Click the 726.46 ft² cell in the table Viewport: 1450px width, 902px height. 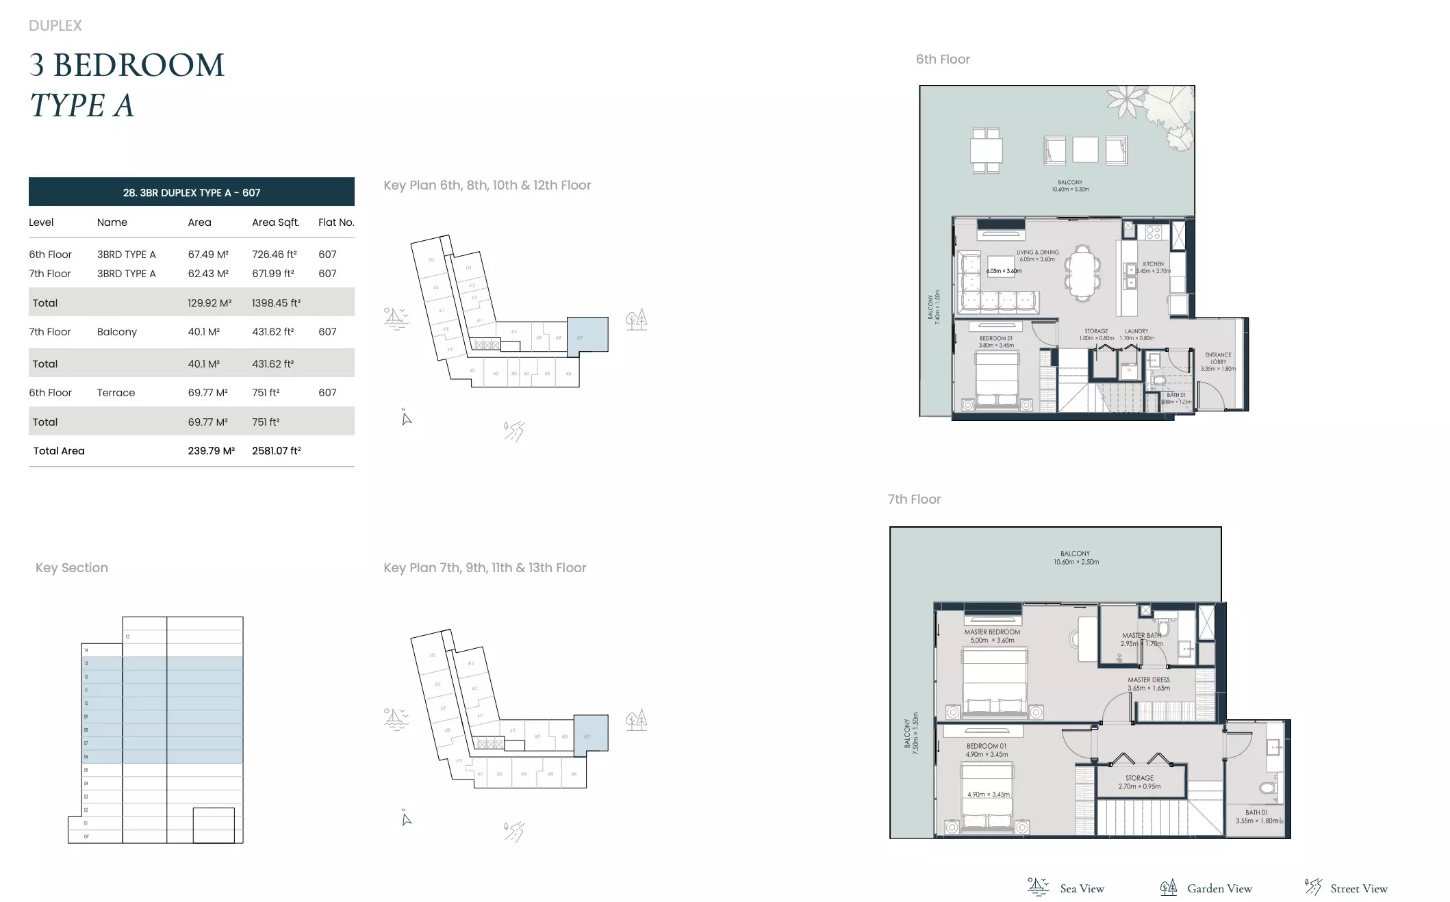(274, 255)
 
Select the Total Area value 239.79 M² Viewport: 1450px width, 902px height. (211, 451)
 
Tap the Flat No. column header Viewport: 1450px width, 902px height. (336, 222)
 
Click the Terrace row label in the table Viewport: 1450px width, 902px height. (116, 393)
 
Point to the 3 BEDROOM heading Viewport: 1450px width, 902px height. (127, 66)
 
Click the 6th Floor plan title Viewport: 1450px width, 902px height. (943, 60)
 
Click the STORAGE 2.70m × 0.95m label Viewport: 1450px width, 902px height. (1139, 782)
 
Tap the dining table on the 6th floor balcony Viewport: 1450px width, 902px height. (986, 151)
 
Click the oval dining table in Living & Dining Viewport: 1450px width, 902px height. (1082, 272)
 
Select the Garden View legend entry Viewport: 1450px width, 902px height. (1219, 888)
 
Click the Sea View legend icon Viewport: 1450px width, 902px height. (1038, 887)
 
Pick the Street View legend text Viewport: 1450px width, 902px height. (1358, 888)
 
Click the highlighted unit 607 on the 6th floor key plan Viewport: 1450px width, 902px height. (587, 335)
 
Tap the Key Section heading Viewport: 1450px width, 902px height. (72, 568)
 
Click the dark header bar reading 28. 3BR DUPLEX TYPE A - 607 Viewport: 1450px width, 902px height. (192, 192)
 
